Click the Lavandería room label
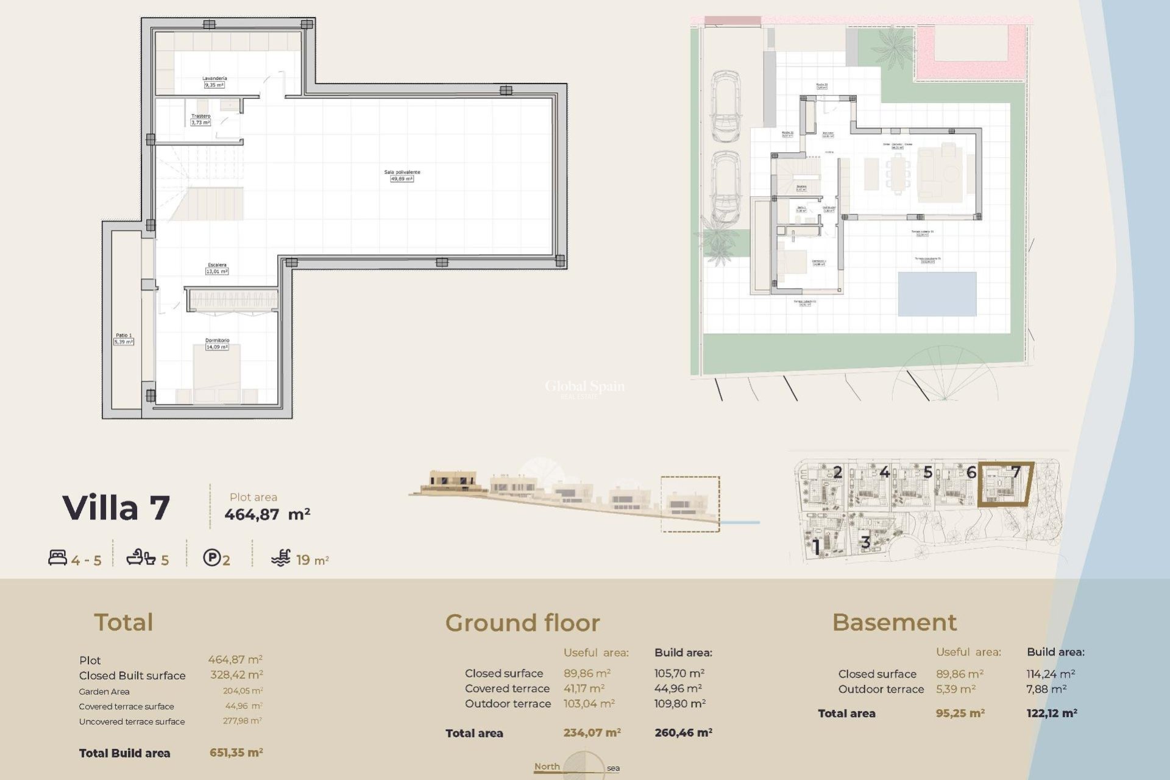click(214, 79)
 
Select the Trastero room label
click(200, 116)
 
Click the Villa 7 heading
click(116, 508)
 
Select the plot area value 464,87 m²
click(267, 514)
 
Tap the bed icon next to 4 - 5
click(57, 558)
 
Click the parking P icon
click(211, 558)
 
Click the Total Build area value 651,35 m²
click(236, 753)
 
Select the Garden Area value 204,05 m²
click(243, 691)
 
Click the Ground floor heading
click(522, 623)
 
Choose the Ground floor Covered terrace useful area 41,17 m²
click(584, 689)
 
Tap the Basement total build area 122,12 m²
click(1051, 713)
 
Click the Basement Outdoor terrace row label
click(881, 689)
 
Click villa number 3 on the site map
click(865, 542)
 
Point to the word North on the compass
click(547, 766)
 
